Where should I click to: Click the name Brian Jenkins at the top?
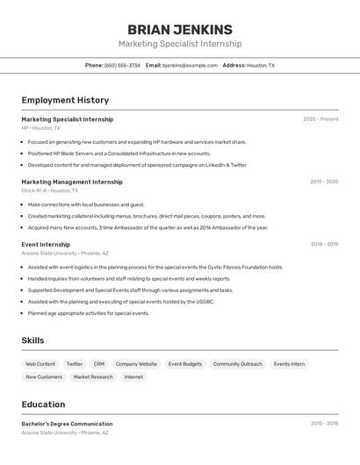pos(180,29)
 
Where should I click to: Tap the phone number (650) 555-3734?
pos(122,65)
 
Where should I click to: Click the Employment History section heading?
pos(65,100)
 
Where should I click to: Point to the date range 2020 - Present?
pos(320,119)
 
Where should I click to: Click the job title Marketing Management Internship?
pos(72,182)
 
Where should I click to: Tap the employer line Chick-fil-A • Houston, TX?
pos(50,190)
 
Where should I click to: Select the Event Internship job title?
pos(46,245)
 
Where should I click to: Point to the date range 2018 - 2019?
pos(324,245)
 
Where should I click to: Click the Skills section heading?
pos(32,340)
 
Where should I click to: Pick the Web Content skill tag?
pos(40,364)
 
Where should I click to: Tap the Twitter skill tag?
pos(75,364)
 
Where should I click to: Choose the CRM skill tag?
pos(99,364)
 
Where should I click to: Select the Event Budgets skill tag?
pos(185,364)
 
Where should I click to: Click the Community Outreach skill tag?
pos(237,364)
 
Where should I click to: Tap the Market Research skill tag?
pos(93,377)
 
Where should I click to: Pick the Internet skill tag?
pos(133,377)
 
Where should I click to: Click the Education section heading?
pos(43,404)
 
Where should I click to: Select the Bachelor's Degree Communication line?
pos(67,424)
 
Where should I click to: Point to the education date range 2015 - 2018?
pos(324,424)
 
